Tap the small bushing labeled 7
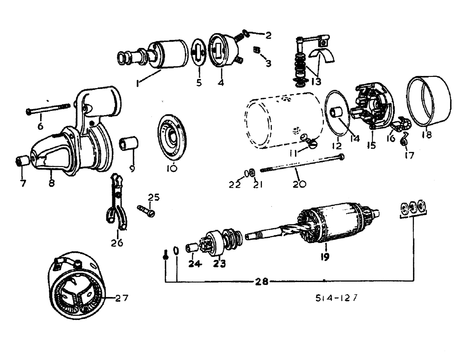[21, 161]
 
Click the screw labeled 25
[145, 210]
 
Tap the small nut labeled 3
[257, 49]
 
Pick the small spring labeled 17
[404, 138]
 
